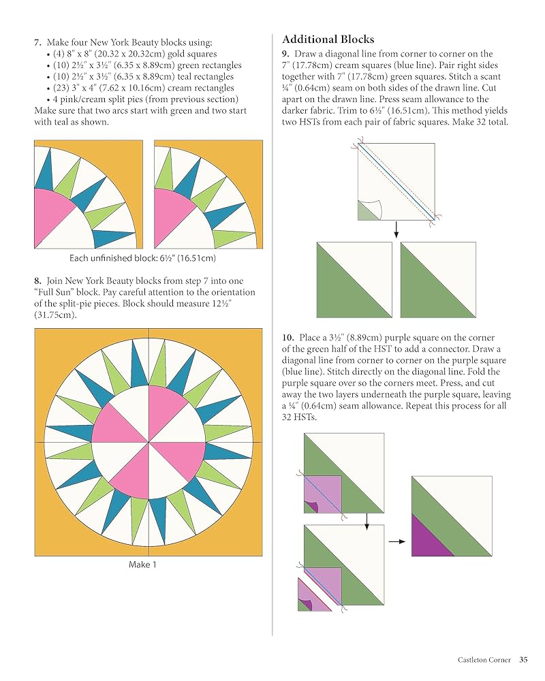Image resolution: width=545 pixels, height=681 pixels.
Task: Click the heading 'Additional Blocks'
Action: tap(328, 39)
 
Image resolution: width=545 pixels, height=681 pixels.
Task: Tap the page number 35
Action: tap(523, 659)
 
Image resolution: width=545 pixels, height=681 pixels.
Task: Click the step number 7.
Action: tap(37, 42)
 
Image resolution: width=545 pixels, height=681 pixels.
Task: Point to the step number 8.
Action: tap(37, 281)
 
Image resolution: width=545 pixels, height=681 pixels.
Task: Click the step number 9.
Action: tap(285, 54)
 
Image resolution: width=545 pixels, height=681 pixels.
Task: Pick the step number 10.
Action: tap(287, 338)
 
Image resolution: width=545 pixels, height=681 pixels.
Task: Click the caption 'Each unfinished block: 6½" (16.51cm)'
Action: tap(143, 258)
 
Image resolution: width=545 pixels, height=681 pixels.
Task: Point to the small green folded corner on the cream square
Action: tap(364, 212)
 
